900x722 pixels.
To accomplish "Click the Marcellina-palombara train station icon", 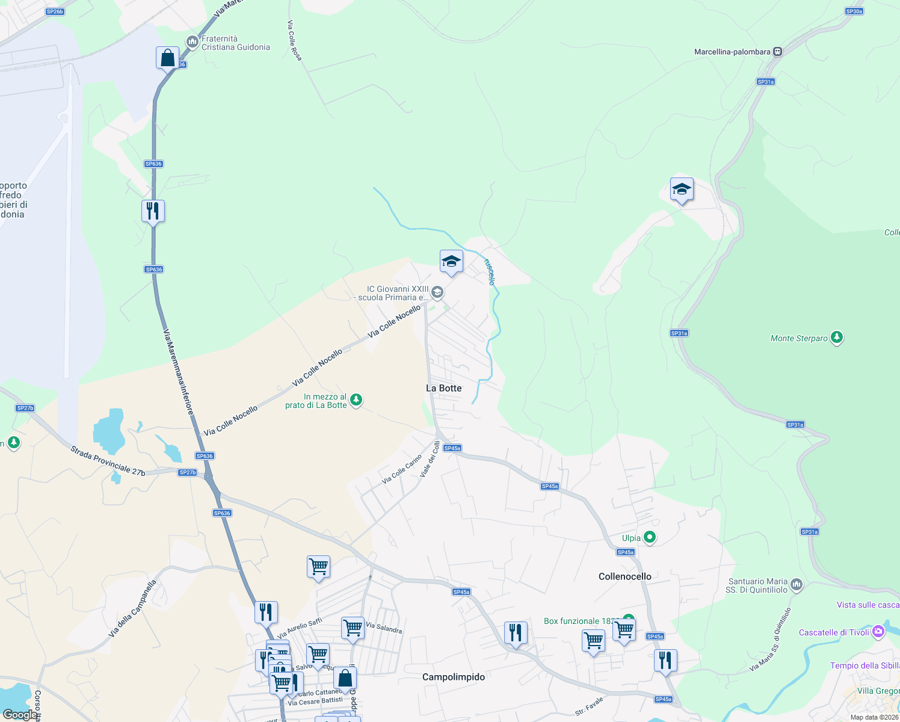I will (777, 52).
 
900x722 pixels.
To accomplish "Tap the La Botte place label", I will (444, 388).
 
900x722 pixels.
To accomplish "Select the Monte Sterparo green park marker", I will (836, 338).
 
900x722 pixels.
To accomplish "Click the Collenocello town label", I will (624, 576).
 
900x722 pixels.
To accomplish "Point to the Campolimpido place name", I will (453, 677).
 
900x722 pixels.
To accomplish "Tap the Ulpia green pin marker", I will (649, 537).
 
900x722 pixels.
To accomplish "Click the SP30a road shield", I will (854, 11).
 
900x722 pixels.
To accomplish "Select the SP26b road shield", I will (55, 11).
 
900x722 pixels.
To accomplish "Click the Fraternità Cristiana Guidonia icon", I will (192, 42).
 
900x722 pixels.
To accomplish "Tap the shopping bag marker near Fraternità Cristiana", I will (167, 58).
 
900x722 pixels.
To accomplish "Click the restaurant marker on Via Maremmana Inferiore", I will (153, 211).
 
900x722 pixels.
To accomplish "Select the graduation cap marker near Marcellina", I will (681, 190).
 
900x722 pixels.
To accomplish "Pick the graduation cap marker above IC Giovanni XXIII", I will (451, 262).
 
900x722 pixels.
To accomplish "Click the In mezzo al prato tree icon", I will (356, 400).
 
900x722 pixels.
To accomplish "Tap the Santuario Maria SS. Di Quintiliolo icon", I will (797, 584).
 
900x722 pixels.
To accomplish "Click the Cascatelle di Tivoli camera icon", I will (878, 632).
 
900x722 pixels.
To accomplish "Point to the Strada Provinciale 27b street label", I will (108, 461).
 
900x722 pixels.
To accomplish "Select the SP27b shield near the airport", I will (25, 408).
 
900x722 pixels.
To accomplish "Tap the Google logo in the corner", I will (20, 714).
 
